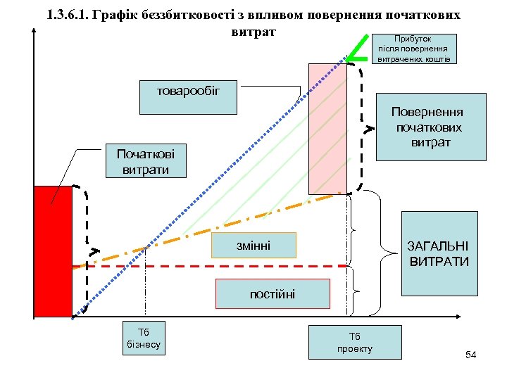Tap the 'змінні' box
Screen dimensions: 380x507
254,245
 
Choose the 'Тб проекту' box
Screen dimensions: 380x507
355,342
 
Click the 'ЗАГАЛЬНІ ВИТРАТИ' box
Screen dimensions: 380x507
439,253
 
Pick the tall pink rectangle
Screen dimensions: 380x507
327,128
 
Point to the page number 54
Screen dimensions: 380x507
471,355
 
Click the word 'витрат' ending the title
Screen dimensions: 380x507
254,32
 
